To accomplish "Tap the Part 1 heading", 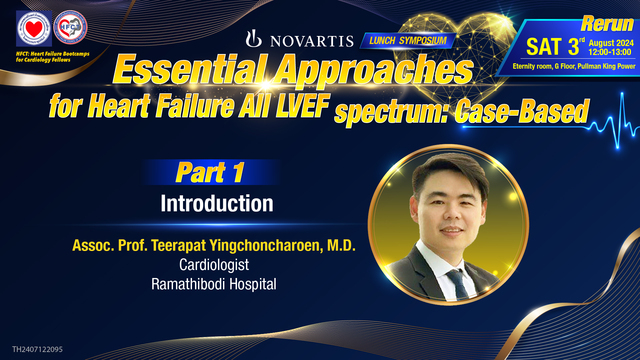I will click(211, 172).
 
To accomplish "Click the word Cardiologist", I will click(218, 265).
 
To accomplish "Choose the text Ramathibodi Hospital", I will click(218, 284).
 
